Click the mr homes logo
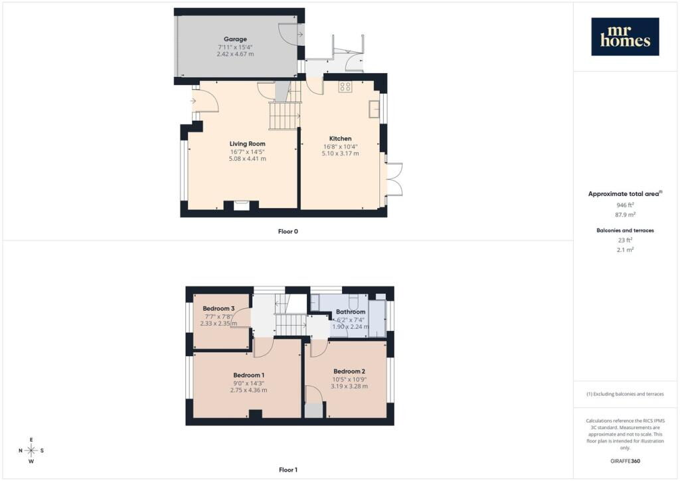click(x=625, y=37)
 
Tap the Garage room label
click(x=235, y=39)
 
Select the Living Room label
click(x=247, y=144)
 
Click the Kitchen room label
click(x=341, y=138)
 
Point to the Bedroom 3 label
click(x=218, y=308)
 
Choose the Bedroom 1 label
click(x=249, y=375)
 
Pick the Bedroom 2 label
click(x=349, y=371)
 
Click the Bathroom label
click(x=351, y=312)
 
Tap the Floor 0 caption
click(x=288, y=232)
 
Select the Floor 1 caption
click(x=288, y=470)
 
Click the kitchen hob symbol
click(x=345, y=87)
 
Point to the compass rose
click(x=31, y=450)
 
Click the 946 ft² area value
click(x=625, y=205)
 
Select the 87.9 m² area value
click(x=625, y=215)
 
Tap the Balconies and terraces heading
click(x=625, y=231)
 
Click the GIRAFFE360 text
click(x=625, y=461)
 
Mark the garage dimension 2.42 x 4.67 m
click(x=236, y=54)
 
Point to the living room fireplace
click(x=242, y=205)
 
